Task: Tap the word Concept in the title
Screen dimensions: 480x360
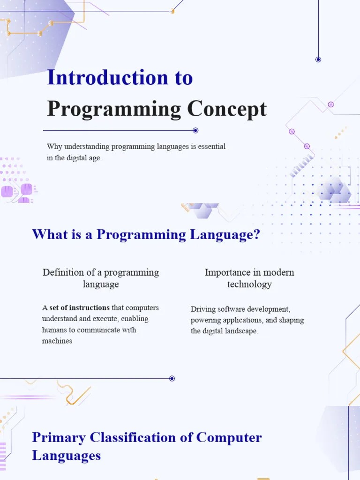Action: pyautogui.click(x=227, y=110)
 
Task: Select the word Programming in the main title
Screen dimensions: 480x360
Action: pyautogui.click(x=114, y=110)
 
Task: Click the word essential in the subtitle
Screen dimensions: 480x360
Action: pyautogui.click(x=211, y=146)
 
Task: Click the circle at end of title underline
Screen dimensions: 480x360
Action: pyautogui.click(x=195, y=130)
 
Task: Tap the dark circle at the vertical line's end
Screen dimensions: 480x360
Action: pyautogui.click(x=318, y=60)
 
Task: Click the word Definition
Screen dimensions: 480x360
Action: pyautogui.click(x=63, y=272)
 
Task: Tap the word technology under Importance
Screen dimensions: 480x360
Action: pyautogui.click(x=249, y=284)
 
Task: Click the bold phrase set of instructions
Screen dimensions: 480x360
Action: pyautogui.click(x=80, y=308)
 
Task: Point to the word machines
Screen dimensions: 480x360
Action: pyautogui.click(x=57, y=341)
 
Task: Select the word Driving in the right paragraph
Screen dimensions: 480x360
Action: pyautogui.click(x=202, y=309)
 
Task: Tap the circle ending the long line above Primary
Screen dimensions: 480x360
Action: pyautogui.click(x=172, y=378)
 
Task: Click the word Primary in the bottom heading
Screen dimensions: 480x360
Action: pyautogui.click(x=59, y=437)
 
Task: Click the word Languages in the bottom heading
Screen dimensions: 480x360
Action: pyautogui.click(x=66, y=455)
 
